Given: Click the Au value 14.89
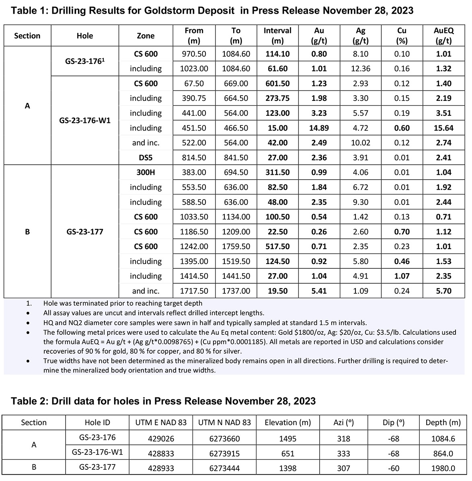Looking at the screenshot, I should point(319,128).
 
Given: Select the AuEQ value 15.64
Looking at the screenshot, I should point(443,128).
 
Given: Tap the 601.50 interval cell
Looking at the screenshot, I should point(277,84).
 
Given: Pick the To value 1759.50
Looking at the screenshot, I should point(236,246).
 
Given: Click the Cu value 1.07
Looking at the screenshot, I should point(402,276).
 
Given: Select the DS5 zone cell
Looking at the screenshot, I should point(146,158).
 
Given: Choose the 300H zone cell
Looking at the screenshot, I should point(146,172).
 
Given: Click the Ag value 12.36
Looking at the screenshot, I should point(360,69).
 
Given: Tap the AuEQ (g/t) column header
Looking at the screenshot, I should point(443,35).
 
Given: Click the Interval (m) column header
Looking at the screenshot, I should point(277,35).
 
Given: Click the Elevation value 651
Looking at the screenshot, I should point(288,453).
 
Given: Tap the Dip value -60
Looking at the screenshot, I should point(394,468).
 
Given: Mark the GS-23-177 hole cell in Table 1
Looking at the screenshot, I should point(85,232).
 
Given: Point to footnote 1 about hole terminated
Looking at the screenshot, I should point(123,303).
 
